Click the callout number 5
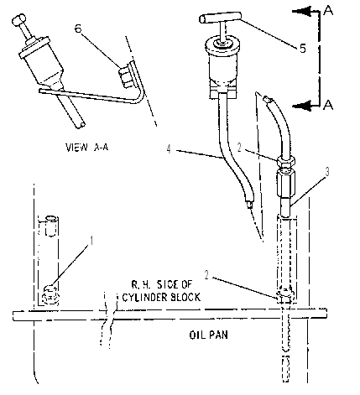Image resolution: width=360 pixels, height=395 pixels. (x=303, y=49)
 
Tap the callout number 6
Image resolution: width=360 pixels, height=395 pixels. (x=78, y=29)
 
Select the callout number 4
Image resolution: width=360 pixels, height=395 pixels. (x=169, y=149)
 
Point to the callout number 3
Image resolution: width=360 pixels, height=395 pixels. (x=327, y=172)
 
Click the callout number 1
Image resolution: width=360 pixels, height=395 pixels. (x=91, y=241)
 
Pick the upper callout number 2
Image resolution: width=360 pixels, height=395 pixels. (x=239, y=148)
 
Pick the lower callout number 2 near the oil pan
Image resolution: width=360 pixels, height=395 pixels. (x=206, y=275)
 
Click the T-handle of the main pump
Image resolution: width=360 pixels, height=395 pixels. (x=220, y=18)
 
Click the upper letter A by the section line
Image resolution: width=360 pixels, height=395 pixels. (x=328, y=11)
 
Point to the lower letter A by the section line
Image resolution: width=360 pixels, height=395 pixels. (x=328, y=105)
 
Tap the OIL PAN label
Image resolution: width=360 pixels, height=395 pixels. (x=209, y=335)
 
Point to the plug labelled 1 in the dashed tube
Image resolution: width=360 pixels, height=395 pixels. (x=50, y=295)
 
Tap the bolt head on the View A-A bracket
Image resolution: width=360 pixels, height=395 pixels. (x=125, y=77)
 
